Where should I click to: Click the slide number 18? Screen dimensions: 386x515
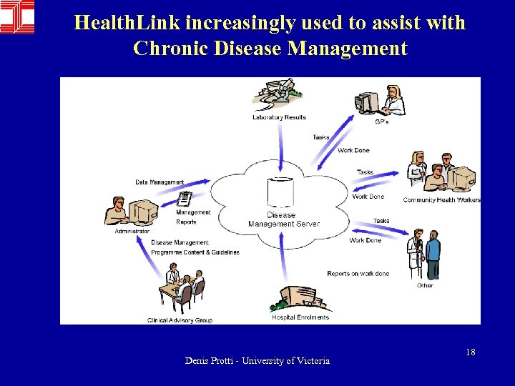[x=471, y=352]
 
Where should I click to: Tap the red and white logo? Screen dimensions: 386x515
[x=17, y=16]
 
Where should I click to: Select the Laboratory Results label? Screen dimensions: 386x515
[x=279, y=117]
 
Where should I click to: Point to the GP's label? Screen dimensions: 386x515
[x=382, y=121]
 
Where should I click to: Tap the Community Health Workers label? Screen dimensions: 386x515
[x=441, y=199]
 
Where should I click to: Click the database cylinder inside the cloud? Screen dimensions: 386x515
[x=280, y=192]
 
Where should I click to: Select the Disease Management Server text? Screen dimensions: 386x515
[x=283, y=219]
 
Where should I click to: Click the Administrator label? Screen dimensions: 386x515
[x=132, y=231]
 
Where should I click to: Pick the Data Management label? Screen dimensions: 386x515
[x=160, y=182]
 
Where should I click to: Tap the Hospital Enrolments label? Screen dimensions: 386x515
[x=300, y=317]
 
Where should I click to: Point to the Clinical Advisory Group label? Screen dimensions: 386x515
[x=180, y=320]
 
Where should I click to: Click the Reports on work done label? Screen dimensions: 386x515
[x=358, y=274]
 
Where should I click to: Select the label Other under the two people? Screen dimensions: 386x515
[x=425, y=285]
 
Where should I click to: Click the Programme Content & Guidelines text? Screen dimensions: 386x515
[x=195, y=252]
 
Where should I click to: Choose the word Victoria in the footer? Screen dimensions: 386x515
[x=314, y=361]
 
